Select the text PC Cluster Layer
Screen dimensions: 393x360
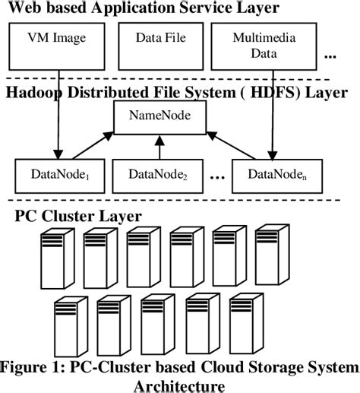click(x=68, y=215)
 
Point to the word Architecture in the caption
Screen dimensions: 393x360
click(x=180, y=385)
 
